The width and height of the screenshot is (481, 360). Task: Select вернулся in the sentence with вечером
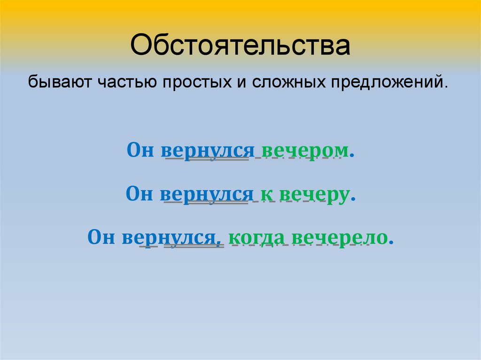(207, 151)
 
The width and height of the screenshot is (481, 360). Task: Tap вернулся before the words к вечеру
(206, 193)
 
